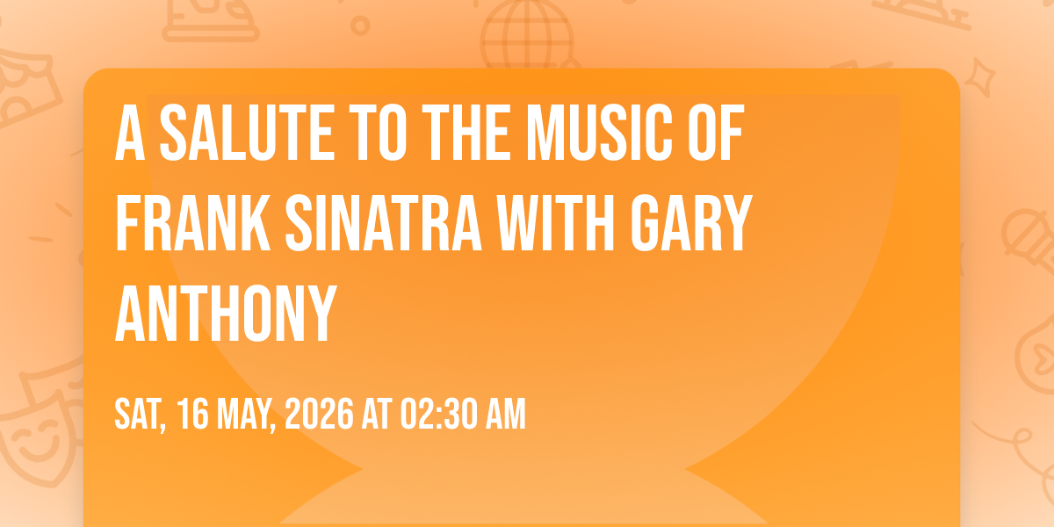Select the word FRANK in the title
pyautogui.click(x=193, y=222)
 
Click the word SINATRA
pyautogui.click(x=384, y=222)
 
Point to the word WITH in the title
pyautogui.click(x=556, y=222)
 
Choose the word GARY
pyautogui.click(x=691, y=222)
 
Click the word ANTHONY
pyautogui.click(x=227, y=313)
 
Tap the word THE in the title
pyautogui.click(x=466, y=133)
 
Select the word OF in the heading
pyautogui.click(x=716, y=133)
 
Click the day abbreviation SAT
pyautogui.click(x=141, y=415)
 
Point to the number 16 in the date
pyautogui.click(x=192, y=414)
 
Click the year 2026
pyautogui.click(x=319, y=414)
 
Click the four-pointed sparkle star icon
pyautogui.click(x=979, y=77)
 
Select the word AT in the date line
pyautogui.click(x=377, y=414)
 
